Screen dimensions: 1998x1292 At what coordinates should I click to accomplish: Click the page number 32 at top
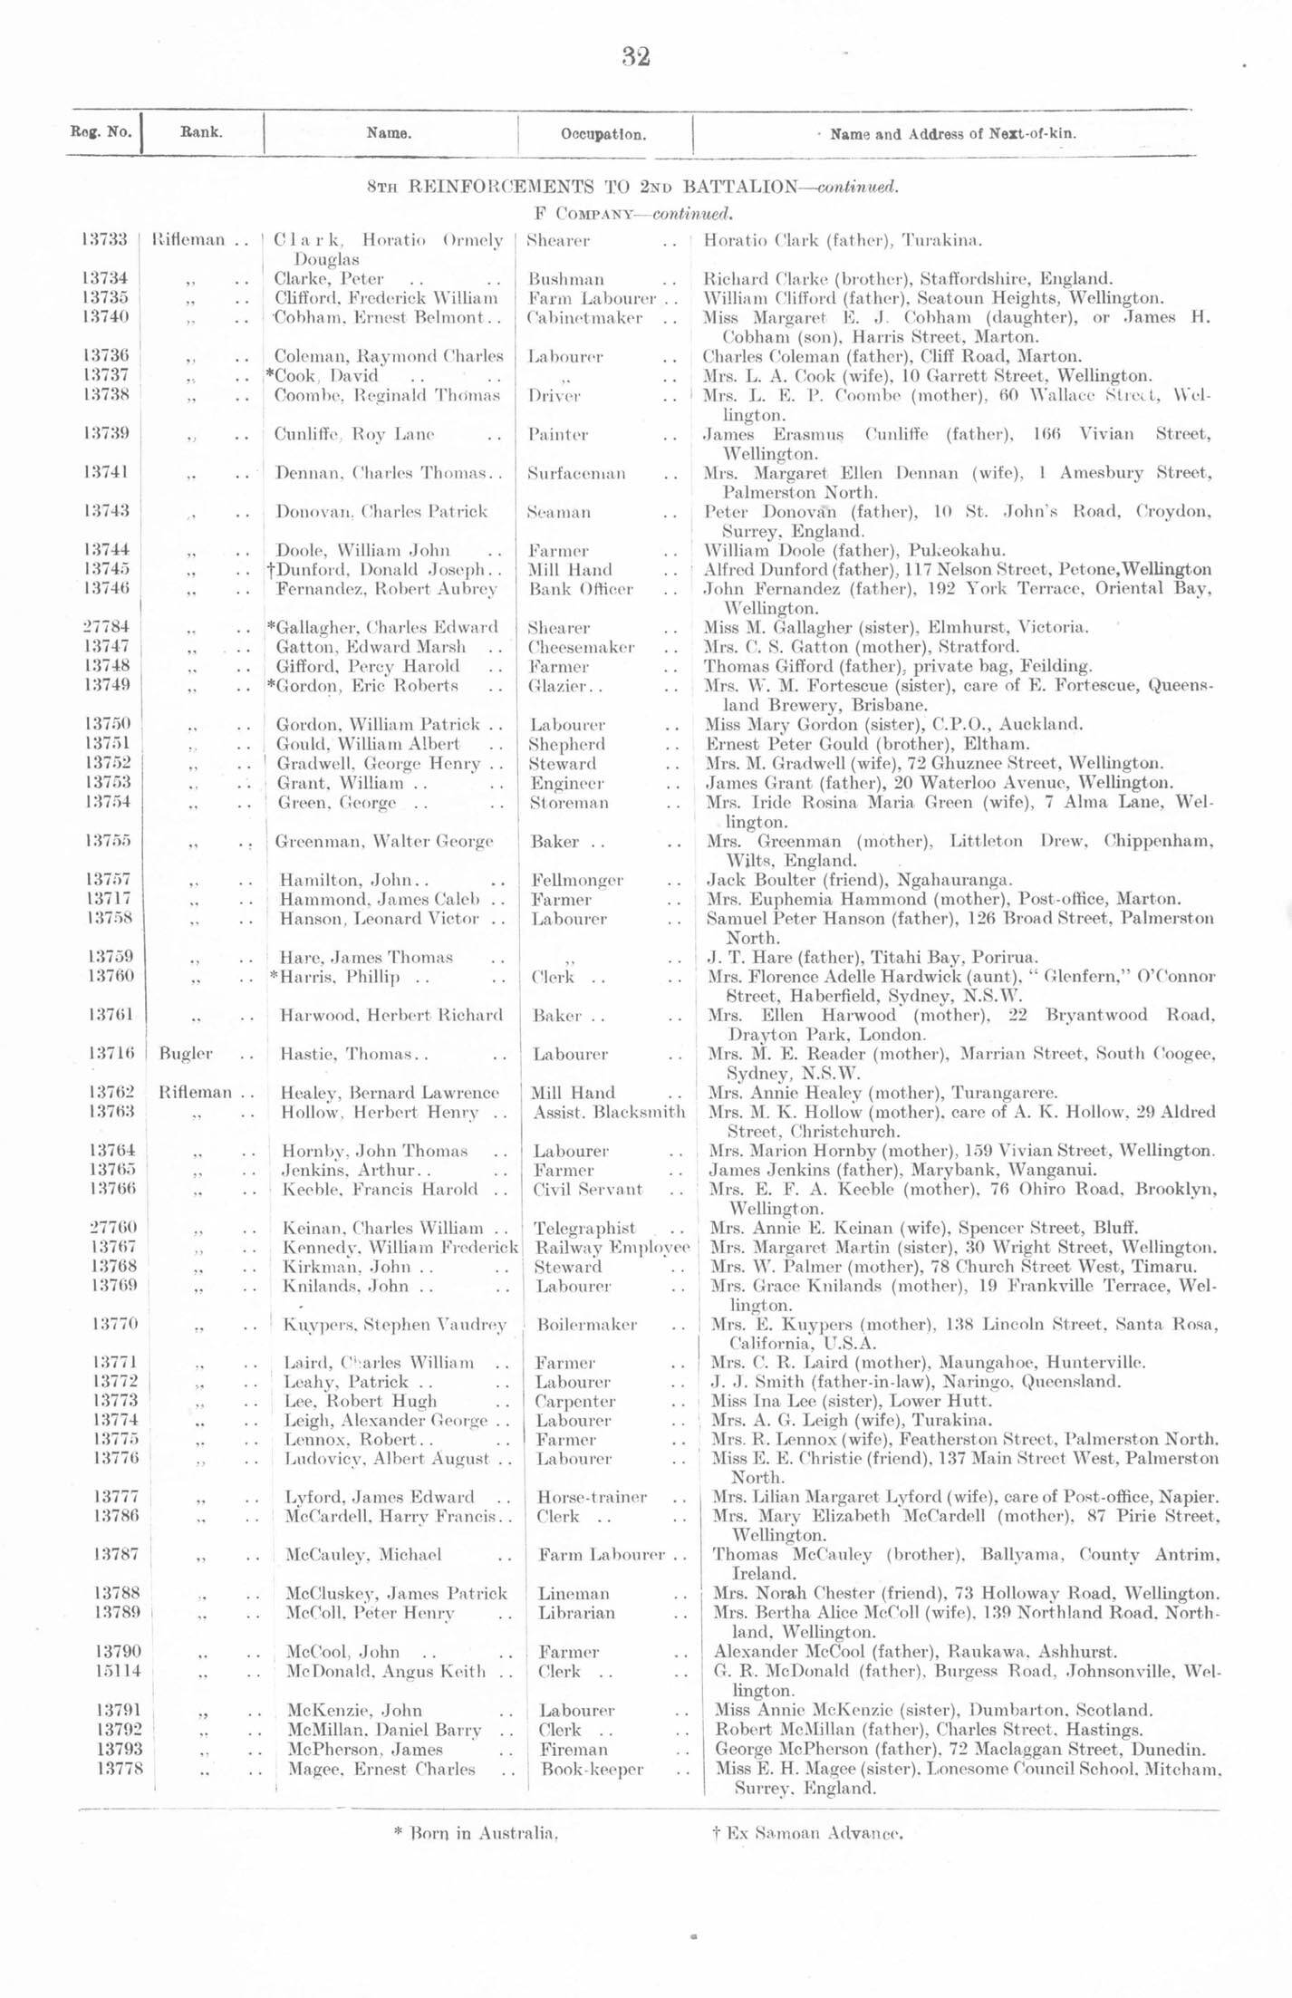coord(636,57)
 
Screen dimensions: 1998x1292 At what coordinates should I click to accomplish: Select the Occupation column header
coord(603,134)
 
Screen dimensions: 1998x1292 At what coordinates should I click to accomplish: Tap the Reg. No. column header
coord(100,132)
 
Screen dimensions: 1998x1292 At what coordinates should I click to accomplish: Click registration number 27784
coord(107,627)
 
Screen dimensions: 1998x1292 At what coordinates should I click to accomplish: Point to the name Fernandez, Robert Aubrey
coord(386,589)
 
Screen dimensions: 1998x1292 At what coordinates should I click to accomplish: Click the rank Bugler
coord(185,1054)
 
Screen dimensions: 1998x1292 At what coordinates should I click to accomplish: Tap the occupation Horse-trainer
coord(592,1497)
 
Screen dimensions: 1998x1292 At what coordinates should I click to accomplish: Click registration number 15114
coord(116,1671)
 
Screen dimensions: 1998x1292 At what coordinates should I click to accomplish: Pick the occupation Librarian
coord(576,1613)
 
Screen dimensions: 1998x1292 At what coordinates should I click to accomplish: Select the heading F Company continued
coord(635,215)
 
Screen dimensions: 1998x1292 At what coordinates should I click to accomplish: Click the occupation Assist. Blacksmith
coord(609,1112)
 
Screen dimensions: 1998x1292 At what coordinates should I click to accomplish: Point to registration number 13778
coord(120,1769)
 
